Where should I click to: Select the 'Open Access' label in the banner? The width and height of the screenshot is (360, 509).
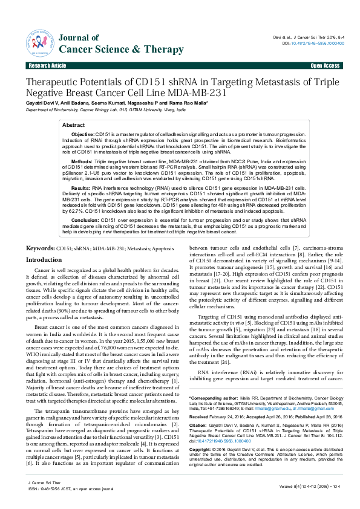click(325, 65)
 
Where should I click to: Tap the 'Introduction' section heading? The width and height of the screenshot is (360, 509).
click(47, 259)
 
